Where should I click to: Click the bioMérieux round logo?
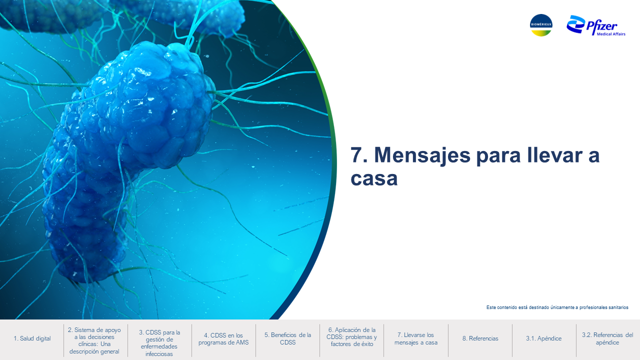(541, 25)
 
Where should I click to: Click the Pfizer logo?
(595, 25)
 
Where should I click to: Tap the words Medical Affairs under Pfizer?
(611, 34)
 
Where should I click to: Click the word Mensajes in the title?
(422, 155)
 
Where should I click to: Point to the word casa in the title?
(374, 178)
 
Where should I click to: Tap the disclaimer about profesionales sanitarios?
(557, 307)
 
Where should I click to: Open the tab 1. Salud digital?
(32, 338)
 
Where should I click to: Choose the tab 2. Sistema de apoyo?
(94, 340)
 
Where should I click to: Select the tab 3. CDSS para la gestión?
(159, 343)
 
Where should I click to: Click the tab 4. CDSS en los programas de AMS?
(223, 339)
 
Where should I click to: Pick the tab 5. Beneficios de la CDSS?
(287, 338)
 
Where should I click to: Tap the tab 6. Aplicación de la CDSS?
(351, 337)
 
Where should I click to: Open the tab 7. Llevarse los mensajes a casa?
(415, 338)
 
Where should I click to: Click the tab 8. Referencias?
(480, 338)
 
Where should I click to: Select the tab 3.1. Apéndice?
(543, 338)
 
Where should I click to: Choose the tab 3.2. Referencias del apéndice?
(607, 338)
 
